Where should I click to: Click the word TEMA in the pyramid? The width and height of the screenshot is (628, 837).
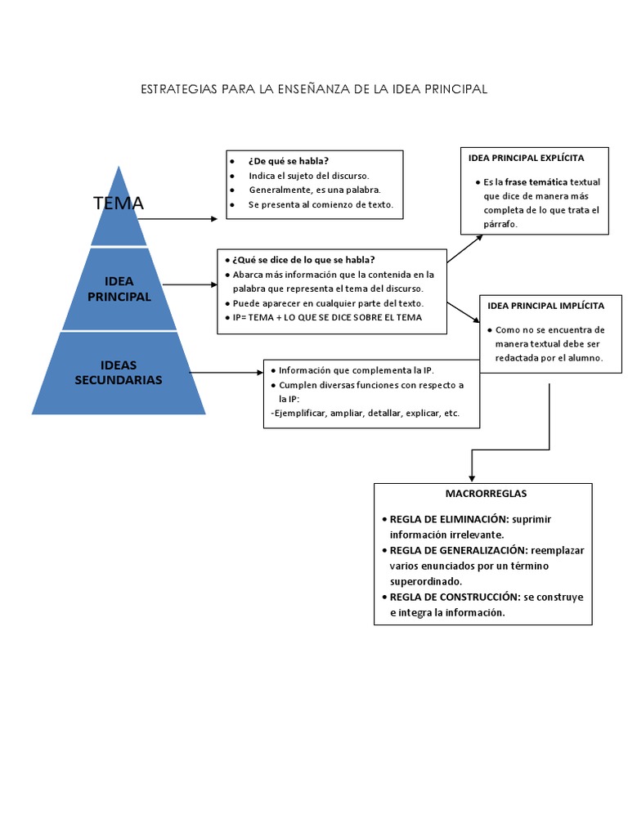pos(119,204)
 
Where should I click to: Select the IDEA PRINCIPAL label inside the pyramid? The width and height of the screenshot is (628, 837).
pos(119,289)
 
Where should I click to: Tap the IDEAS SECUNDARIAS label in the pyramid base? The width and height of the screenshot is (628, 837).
pos(119,372)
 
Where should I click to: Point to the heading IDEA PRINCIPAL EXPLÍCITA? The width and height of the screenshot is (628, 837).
pos(526,158)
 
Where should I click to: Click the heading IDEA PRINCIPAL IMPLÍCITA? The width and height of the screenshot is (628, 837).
pos(545,306)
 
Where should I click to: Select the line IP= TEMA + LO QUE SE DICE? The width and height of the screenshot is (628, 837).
pos(327,317)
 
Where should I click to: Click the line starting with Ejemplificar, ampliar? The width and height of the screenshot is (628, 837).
pos(364,414)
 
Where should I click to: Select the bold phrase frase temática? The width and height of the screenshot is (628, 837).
pos(536,181)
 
